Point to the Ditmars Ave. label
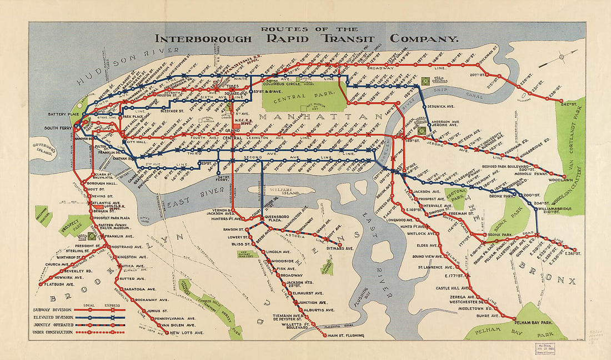click(339, 248)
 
